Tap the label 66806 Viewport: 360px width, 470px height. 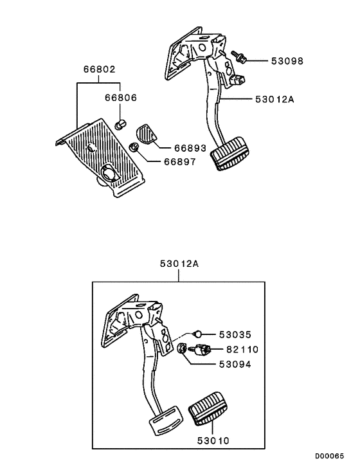[x=121, y=98]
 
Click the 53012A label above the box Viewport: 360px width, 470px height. [x=179, y=264]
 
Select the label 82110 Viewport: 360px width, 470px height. [x=242, y=350]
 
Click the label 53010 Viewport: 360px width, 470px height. [x=213, y=441]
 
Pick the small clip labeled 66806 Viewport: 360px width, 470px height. [x=119, y=123]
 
